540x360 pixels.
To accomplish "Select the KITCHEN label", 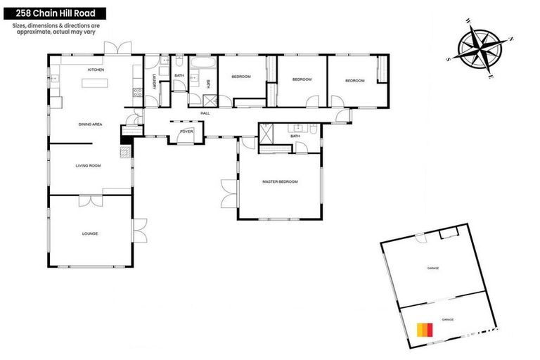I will point(96,70).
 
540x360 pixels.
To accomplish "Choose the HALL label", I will point(205,113).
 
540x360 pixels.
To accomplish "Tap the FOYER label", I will point(186,131).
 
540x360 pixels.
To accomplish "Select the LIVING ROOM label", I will point(89,166).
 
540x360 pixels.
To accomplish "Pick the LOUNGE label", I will point(89,233).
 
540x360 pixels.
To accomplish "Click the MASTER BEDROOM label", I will point(280,181).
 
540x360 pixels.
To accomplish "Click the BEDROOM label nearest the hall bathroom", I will point(240,76).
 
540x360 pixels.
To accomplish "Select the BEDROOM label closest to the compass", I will point(354,81).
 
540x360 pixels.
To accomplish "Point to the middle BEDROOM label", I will point(302,79).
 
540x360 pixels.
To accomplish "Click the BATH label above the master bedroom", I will point(295,136).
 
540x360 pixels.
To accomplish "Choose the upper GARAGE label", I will point(432,268).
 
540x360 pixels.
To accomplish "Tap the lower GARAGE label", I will point(447,319).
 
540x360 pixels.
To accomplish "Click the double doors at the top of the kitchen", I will point(118,48).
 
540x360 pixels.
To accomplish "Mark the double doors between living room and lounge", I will point(90,200).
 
